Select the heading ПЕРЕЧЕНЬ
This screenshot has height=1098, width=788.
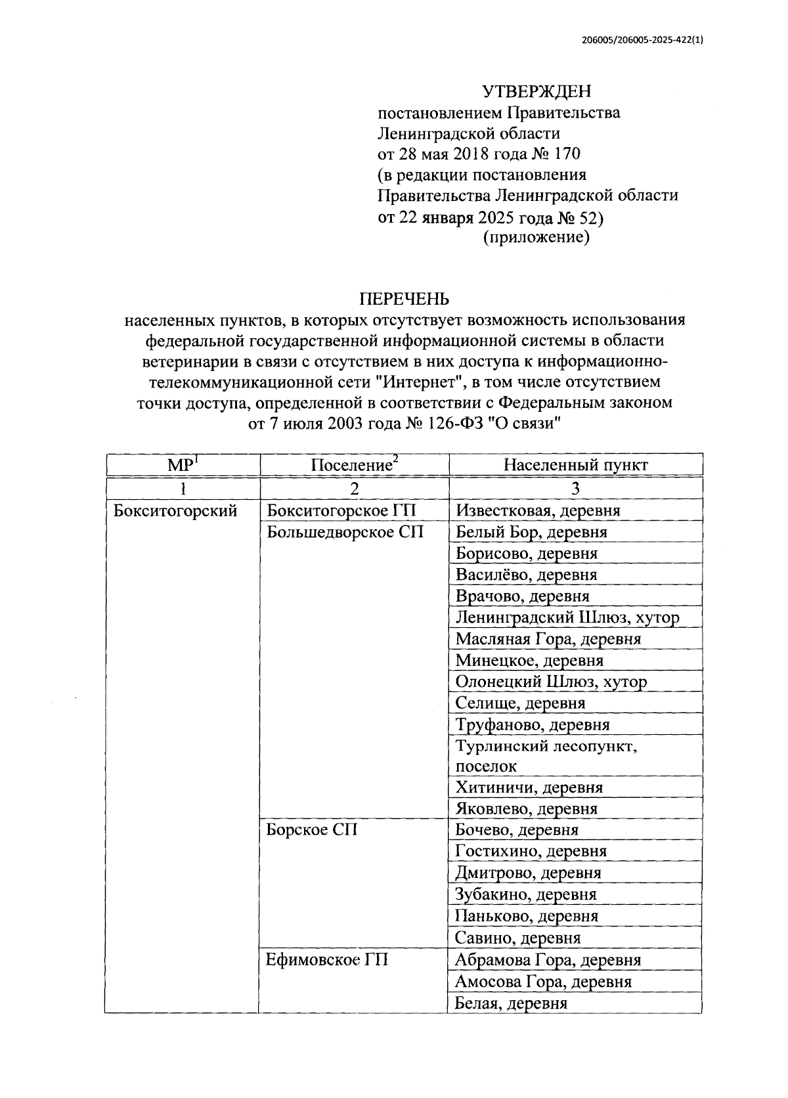tap(404, 299)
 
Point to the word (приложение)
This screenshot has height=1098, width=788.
tap(536, 237)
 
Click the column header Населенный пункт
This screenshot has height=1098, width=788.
tap(575, 465)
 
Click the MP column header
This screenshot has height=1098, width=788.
tap(183, 465)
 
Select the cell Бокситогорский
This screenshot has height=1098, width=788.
tap(175, 510)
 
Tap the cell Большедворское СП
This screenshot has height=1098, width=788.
tap(345, 532)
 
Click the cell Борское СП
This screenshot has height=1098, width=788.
tap(312, 829)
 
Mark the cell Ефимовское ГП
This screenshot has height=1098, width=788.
tap(327, 959)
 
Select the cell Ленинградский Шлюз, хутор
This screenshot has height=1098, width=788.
tap(567, 617)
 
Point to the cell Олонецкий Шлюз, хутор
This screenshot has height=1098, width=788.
tap(551, 682)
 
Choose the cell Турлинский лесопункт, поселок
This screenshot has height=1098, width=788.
tap(546, 756)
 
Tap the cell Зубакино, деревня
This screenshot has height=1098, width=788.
tap(525, 894)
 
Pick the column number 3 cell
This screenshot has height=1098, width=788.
tap(575, 488)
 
